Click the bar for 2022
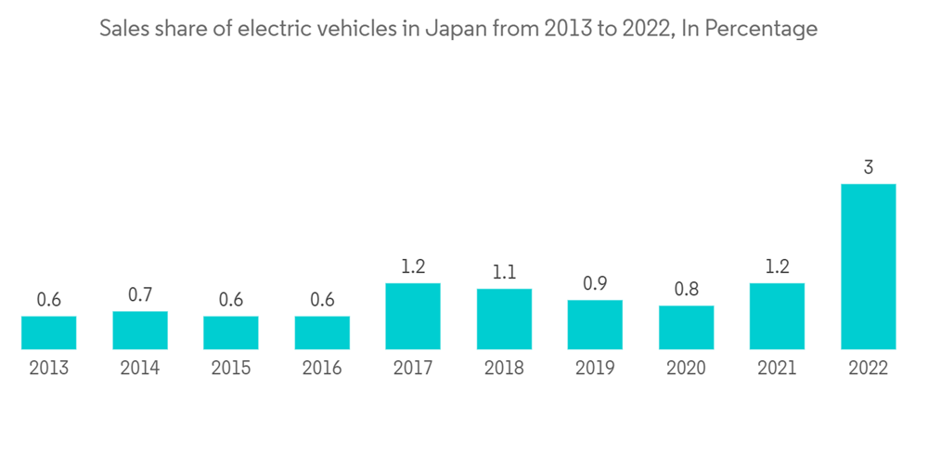(x=868, y=266)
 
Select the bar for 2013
(x=48, y=332)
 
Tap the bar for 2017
(x=413, y=316)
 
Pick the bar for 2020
(x=686, y=327)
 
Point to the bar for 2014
(x=139, y=330)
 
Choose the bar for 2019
(x=595, y=324)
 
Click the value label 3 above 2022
(x=868, y=168)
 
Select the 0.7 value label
(x=139, y=295)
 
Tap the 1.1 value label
(x=504, y=273)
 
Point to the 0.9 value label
(x=595, y=284)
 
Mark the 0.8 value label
(x=686, y=290)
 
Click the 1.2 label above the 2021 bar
(x=777, y=267)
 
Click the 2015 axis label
(x=231, y=369)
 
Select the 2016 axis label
(x=322, y=369)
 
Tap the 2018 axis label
(x=504, y=369)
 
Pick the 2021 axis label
(x=777, y=369)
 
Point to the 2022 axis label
(x=868, y=369)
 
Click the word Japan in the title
(x=449, y=29)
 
